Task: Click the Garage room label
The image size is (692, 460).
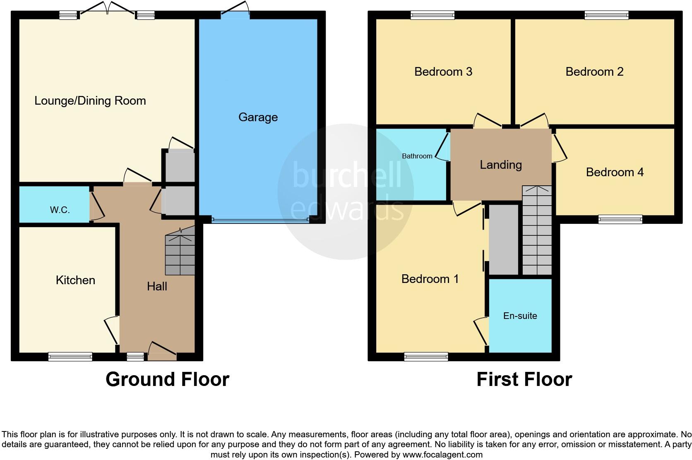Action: coord(258,117)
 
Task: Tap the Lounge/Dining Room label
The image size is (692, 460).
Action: coord(90,101)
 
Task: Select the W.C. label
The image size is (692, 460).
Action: coord(60,210)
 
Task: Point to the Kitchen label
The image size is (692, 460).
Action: coord(75,280)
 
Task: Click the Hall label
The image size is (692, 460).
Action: coord(157,286)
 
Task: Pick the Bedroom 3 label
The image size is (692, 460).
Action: coord(443,72)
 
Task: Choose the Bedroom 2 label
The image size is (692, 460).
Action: coord(594,72)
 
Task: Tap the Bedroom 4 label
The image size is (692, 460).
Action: coord(615,172)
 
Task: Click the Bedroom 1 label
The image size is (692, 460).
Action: coord(430,279)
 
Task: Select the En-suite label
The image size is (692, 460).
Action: coord(520,316)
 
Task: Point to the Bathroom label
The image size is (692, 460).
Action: coord(417,156)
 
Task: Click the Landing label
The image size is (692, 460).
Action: coord(500,165)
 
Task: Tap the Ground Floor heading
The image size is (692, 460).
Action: coord(167,379)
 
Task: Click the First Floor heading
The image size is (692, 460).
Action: coord(524,379)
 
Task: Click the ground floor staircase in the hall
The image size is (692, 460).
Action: coord(180,254)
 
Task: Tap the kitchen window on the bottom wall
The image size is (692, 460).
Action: coord(70,356)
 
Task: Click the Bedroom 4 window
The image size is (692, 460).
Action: coord(620,219)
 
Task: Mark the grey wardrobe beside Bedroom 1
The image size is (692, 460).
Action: coord(503,239)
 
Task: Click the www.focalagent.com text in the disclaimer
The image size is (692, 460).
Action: coord(442,455)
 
